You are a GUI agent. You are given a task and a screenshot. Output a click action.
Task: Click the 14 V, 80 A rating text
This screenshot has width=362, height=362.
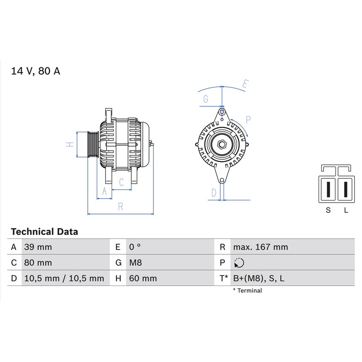(x=36, y=71)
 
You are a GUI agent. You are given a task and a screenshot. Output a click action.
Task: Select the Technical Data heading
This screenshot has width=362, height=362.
(x=44, y=232)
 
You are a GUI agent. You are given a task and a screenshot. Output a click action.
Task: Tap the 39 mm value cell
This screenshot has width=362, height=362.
(x=38, y=247)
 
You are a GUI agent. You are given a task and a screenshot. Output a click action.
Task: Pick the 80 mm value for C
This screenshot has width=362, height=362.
(x=38, y=263)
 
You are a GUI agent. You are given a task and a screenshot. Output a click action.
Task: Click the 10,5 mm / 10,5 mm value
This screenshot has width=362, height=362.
(x=64, y=278)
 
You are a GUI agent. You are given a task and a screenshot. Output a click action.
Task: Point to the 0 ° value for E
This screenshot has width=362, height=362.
(x=135, y=247)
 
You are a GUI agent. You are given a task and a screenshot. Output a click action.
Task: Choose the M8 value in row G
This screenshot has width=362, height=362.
(x=135, y=263)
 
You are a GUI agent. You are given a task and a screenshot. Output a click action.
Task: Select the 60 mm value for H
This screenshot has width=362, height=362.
(x=143, y=278)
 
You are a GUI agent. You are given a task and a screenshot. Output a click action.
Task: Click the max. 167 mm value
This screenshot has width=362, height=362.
(x=261, y=247)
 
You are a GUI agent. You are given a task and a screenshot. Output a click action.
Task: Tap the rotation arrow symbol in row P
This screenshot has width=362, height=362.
(x=239, y=263)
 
